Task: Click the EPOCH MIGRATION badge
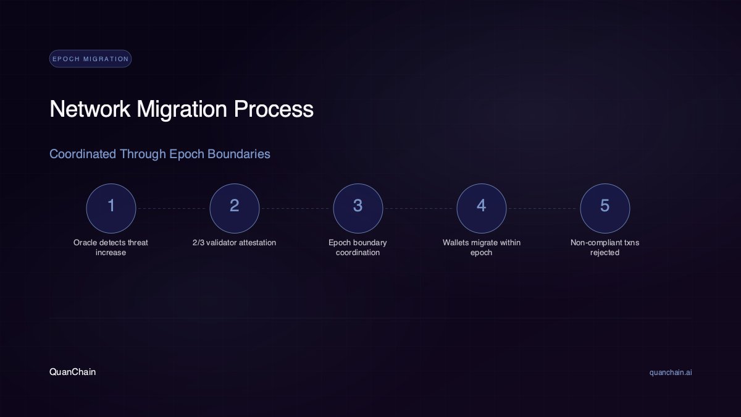[x=90, y=59]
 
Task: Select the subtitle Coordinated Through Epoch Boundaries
[x=160, y=154]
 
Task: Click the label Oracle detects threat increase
[x=111, y=248]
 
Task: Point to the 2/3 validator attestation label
[x=235, y=243]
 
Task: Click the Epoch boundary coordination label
[x=358, y=248]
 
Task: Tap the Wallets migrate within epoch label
[x=482, y=248]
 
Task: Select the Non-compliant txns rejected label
[x=605, y=248]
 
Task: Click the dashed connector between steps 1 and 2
[x=173, y=209]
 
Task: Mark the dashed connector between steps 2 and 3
[x=296, y=209]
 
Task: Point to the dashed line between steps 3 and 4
[x=420, y=209]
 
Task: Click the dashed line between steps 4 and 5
[x=543, y=209]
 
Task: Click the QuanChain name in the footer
[x=73, y=372]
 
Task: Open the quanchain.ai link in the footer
[x=671, y=373]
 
